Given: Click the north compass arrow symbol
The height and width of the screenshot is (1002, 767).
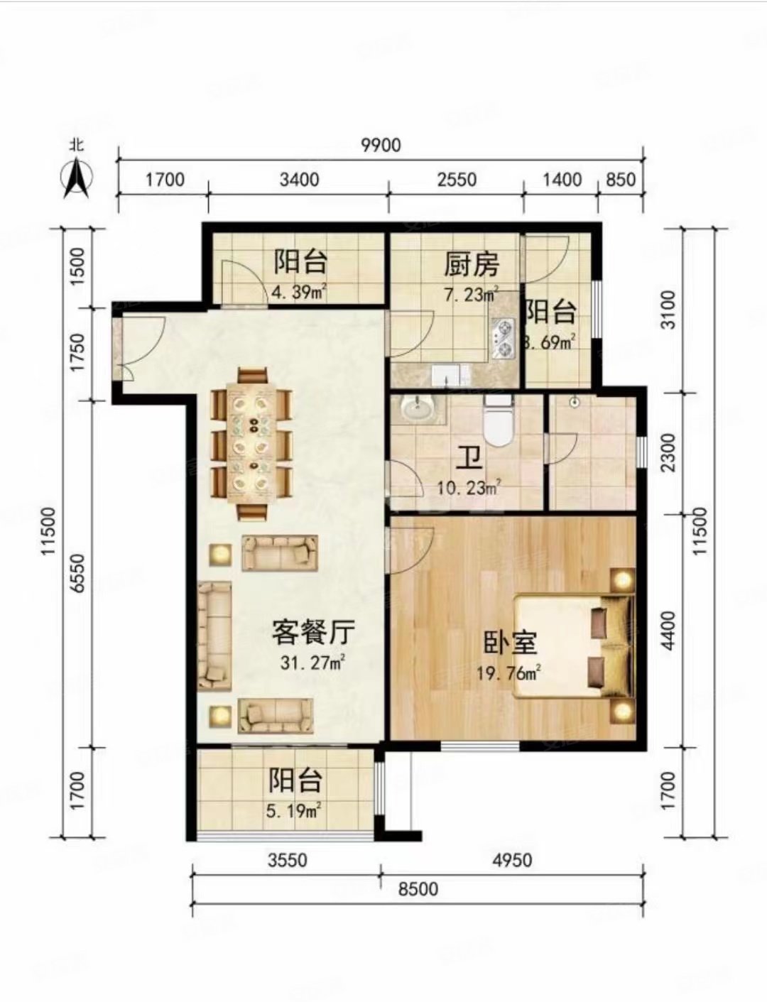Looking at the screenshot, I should pyautogui.click(x=77, y=178).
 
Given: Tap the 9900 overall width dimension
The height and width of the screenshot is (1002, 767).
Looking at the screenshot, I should pyautogui.click(x=381, y=145).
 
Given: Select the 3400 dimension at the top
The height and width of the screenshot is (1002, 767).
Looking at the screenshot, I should pyautogui.click(x=299, y=179).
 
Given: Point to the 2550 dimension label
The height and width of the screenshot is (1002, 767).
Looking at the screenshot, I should pyautogui.click(x=457, y=179).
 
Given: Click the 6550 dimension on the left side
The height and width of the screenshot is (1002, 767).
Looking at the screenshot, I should pyautogui.click(x=77, y=573).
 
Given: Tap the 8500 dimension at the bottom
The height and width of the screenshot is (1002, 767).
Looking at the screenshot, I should pyautogui.click(x=418, y=889).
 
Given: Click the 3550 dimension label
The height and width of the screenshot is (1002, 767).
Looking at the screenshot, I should pyautogui.click(x=288, y=860).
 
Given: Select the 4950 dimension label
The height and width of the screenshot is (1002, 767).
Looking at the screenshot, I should pyautogui.click(x=512, y=860).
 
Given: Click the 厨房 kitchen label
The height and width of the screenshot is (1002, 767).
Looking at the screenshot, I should pyautogui.click(x=472, y=265).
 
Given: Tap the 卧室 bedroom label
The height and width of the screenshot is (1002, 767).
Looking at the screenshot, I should pyautogui.click(x=510, y=643).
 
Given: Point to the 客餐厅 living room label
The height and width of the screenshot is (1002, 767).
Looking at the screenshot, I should pyautogui.click(x=313, y=631).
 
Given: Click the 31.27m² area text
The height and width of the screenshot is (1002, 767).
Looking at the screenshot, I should pyautogui.click(x=313, y=663).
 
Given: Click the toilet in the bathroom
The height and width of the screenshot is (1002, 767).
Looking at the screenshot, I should pyautogui.click(x=498, y=422).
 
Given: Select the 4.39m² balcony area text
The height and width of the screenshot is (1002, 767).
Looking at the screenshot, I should pyautogui.click(x=299, y=292).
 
